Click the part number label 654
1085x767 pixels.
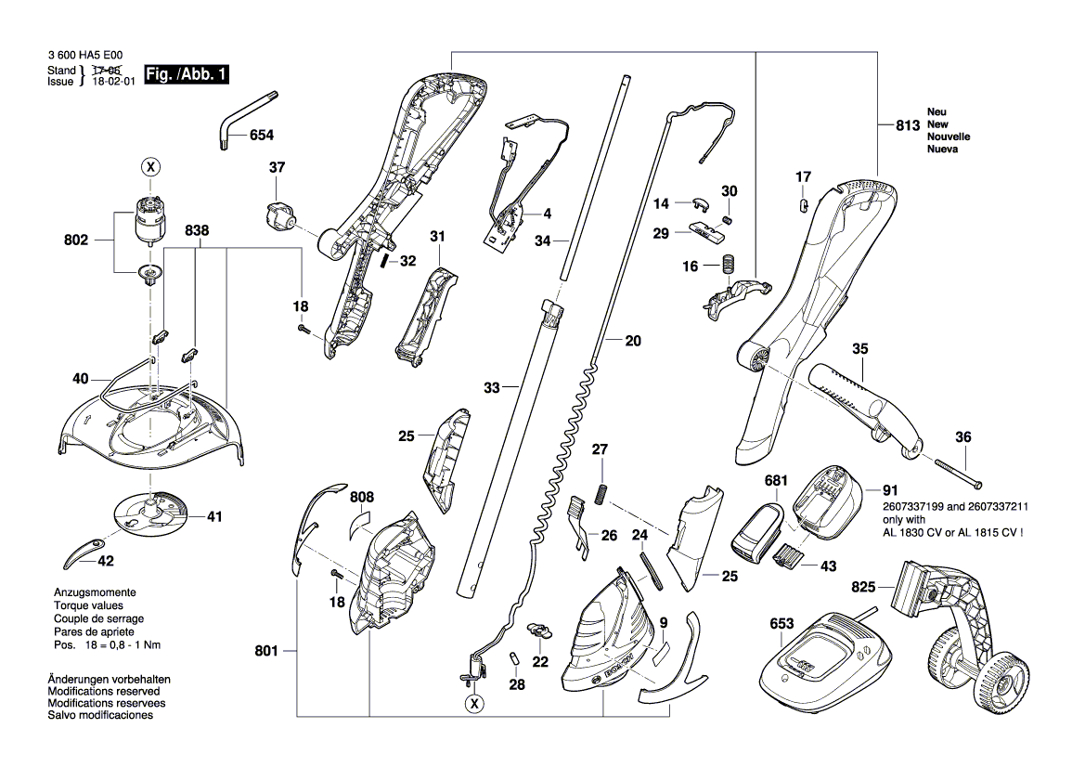point(261,136)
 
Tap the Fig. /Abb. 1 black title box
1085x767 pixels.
point(187,74)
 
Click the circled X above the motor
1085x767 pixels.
point(149,167)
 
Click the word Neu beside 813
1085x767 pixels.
point(937,112)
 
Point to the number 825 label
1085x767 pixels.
point(863,587)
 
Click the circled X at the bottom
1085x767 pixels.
point(474,705)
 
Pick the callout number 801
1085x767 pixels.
point(266,652)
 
